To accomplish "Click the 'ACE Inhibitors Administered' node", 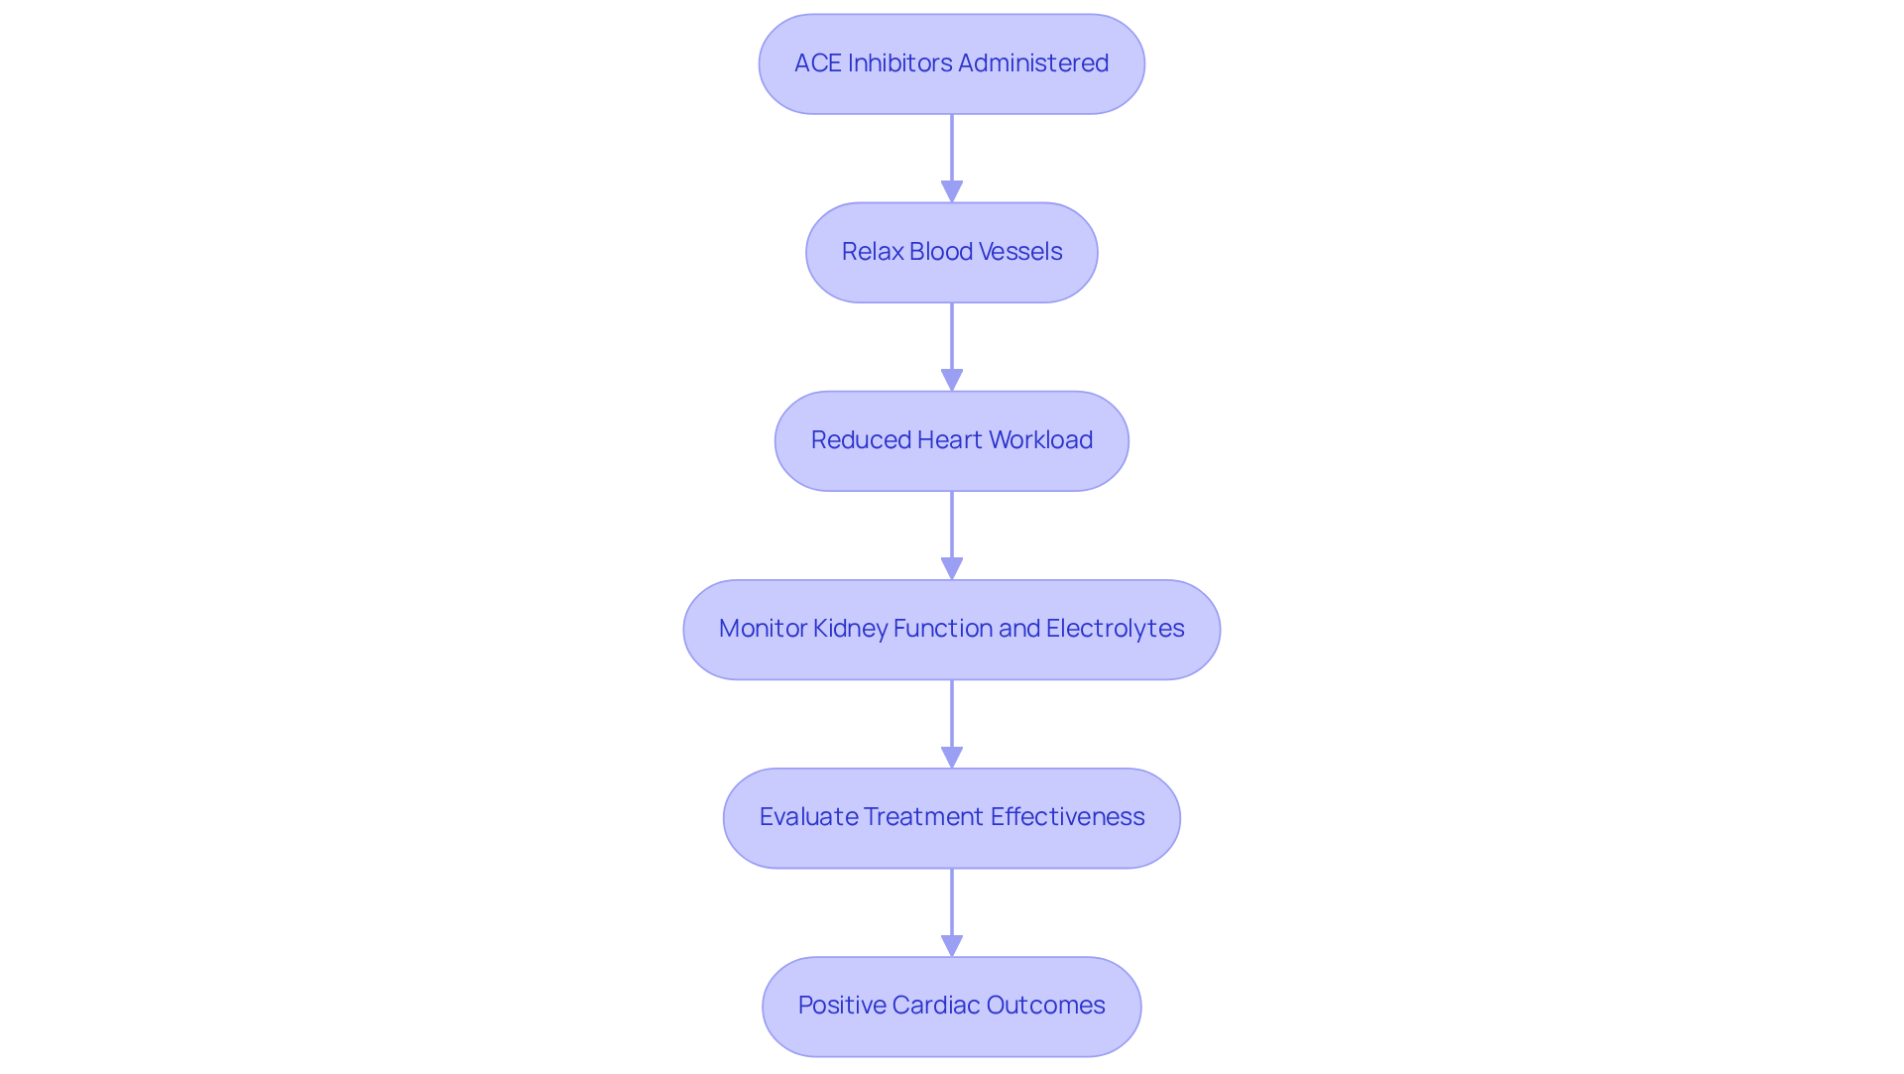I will [x=951, y=63].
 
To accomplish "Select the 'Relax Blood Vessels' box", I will [x=951, y=252].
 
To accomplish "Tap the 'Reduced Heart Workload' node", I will [x=951, y=440].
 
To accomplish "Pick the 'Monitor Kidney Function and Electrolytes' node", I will [x=951, y=629].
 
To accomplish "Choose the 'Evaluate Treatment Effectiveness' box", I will [x=951, y=817].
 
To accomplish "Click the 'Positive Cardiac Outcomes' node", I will [x=951, y=1006].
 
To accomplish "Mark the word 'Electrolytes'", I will [x=1115, y=629].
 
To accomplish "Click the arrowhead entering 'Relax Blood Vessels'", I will [x=952, y=191].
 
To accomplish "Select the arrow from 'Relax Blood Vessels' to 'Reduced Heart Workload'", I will [x=952, y=342].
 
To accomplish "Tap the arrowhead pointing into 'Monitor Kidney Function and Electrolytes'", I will [x=952, y=568].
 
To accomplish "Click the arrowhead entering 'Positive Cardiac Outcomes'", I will [x=952, y=945].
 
